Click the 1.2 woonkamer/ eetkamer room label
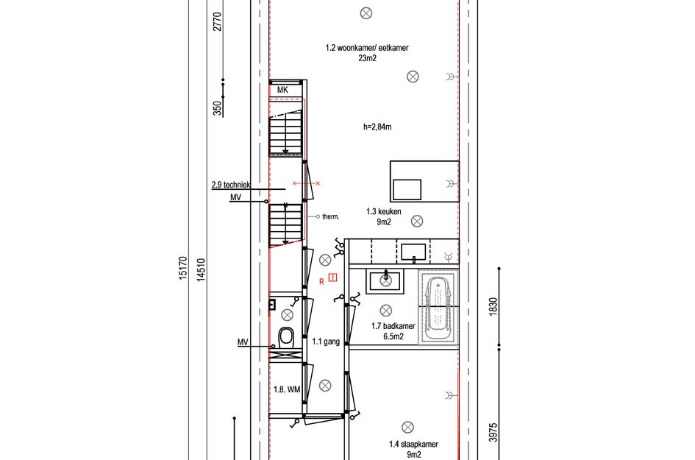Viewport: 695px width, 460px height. click(366, 48)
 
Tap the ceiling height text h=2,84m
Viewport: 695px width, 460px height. click(377, 127)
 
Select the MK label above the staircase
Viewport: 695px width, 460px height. click(282, 90)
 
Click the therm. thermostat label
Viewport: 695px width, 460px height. click(330, 216)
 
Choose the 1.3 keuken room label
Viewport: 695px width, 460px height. click(383, 211)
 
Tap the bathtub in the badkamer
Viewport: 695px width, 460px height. click(438, 307)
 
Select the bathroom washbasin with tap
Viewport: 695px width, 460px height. click(384, 280)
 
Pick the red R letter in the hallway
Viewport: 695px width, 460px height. click(321, 281)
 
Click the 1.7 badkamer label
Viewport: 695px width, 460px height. click(393, 326)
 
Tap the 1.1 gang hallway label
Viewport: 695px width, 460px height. click(325, 342)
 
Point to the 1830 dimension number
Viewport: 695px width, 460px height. click(493, 305)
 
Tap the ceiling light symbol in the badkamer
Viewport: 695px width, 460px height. click(385, 311)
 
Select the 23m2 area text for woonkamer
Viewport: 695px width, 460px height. click(366, 58)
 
